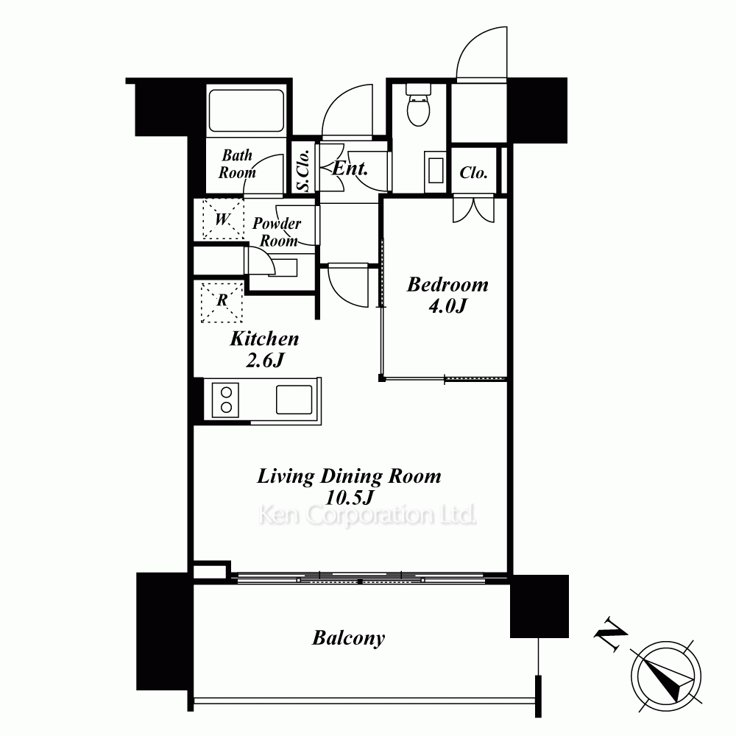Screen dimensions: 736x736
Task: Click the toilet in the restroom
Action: click(418, 105)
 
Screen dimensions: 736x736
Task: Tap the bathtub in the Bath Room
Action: click(246, 111)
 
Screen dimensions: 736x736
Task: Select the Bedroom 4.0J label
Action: click(447, 294)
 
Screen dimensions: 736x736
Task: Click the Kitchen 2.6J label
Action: click(264, 349)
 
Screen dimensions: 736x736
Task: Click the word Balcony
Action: click(348, 638)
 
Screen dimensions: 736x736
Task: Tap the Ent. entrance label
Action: click(350, 168)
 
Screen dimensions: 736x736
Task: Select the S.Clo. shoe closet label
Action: click(304, 171)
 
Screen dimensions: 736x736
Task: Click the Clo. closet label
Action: click(473, 172)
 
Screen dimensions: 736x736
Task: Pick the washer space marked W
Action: click(223, 219)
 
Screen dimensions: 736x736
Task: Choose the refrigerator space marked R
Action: click(222, 302)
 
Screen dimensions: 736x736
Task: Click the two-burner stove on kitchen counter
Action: click(225, 400)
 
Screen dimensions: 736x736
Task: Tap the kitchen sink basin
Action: click(294, 400)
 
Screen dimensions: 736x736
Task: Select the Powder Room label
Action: click(277, 232)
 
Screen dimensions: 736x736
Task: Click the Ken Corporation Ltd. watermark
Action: click(367, 515)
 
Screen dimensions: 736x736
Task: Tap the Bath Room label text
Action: click(237, 164)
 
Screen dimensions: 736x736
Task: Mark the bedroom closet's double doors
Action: click(473, 210)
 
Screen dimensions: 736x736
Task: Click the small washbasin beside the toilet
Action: click(436, 171)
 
